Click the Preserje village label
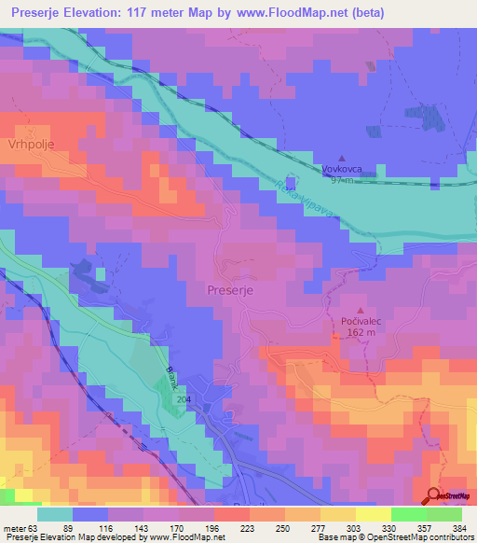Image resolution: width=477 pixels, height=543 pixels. coord(231,290)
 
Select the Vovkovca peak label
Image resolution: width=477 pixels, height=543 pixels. coord(341,169)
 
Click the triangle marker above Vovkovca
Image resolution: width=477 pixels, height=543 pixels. coord(342,158)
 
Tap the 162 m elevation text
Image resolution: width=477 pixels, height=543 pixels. coord(359,332)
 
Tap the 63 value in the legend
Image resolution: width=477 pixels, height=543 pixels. coord(34,527)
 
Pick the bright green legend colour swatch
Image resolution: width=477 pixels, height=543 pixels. coord(408,514)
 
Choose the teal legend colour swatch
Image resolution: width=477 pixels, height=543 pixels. coord(55,514)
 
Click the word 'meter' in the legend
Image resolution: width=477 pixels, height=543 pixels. coord(15,527)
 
